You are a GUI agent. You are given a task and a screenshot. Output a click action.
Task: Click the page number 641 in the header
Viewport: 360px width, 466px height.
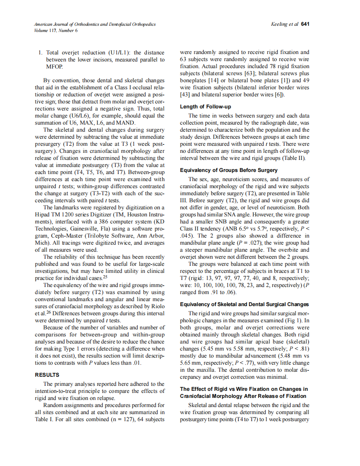click(x=305, y=24)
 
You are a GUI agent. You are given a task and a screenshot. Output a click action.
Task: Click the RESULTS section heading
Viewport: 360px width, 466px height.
click(x=47, y=375)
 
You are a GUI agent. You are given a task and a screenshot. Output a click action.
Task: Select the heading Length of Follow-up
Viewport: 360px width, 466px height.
click(x=205, y=107)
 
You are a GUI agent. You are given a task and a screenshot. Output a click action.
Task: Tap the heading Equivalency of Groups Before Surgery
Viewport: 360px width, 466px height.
click(x=229, y=170)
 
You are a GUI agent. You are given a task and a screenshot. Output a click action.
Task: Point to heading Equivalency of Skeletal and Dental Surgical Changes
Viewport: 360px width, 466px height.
click(x=244, y=304)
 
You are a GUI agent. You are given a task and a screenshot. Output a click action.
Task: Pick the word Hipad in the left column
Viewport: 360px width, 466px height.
click(x=44, y=215)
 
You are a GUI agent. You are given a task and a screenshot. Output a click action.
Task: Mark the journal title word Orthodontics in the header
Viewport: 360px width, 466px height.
click(x=86, y=25)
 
